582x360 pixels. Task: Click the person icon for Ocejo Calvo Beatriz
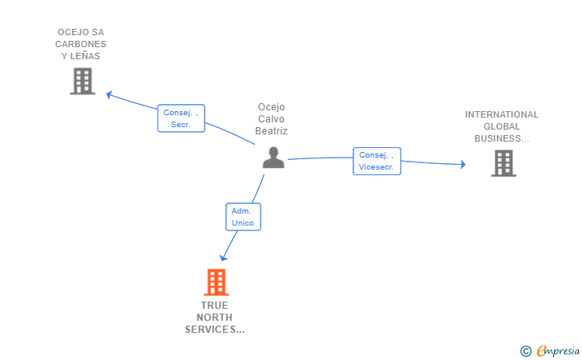click(x=273, y=158)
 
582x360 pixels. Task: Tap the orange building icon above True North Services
click(x=216, y=282)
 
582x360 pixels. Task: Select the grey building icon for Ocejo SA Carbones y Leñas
click(x=82, y=81)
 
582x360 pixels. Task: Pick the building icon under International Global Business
click(x=503, y=163)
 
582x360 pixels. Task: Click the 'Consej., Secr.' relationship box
click(x=181, y=118)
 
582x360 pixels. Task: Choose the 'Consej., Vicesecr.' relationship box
click(x=377, y=161)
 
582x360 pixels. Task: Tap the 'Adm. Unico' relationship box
click(x=243, y=217)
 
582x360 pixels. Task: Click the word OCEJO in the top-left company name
click(x=70, y=33)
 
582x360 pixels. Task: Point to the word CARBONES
click(x=82, y=44)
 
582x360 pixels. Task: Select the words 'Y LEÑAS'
click(x=82, y=56)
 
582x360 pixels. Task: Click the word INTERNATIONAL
click(x=502, y=114)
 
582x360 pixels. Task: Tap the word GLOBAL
click(x=502, y=126)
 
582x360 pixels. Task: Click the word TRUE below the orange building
click(x=215, y=306)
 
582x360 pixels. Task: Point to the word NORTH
click(x=215, y=318)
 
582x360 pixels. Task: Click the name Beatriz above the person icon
click(x=272, y=131)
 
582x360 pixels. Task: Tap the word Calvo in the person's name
click(x=272, y=119)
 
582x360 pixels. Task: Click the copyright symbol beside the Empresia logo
click(x=525, y=350)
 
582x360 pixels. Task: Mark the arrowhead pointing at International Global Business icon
click(x=462, y=164)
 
